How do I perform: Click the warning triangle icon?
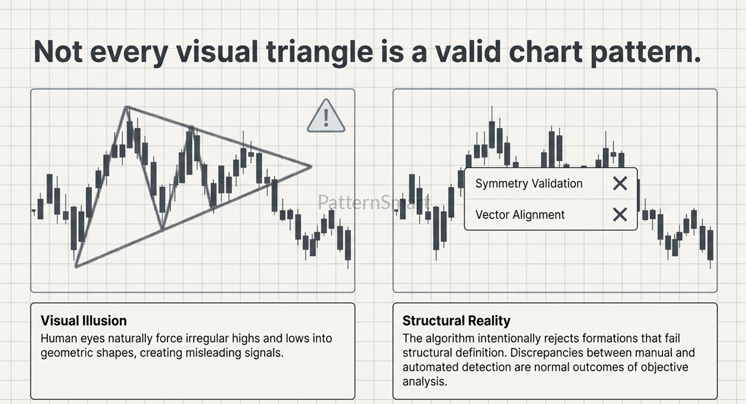coord(326,116)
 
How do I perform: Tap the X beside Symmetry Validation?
coord(620,184)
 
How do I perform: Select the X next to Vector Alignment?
coord(620,215)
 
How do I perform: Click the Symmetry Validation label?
coord(529,184)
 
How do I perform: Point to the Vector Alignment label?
coord(520,215)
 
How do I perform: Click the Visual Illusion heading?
coord(83,321)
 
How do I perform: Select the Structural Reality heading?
coord(456,321)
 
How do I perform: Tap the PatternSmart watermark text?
coord(374,202)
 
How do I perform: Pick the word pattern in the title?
coord(645,52)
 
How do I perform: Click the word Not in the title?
coord(58,52)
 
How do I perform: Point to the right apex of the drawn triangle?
coord(311,166)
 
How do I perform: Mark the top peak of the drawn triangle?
coord(126,107)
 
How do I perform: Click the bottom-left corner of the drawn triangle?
coord(76,266)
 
